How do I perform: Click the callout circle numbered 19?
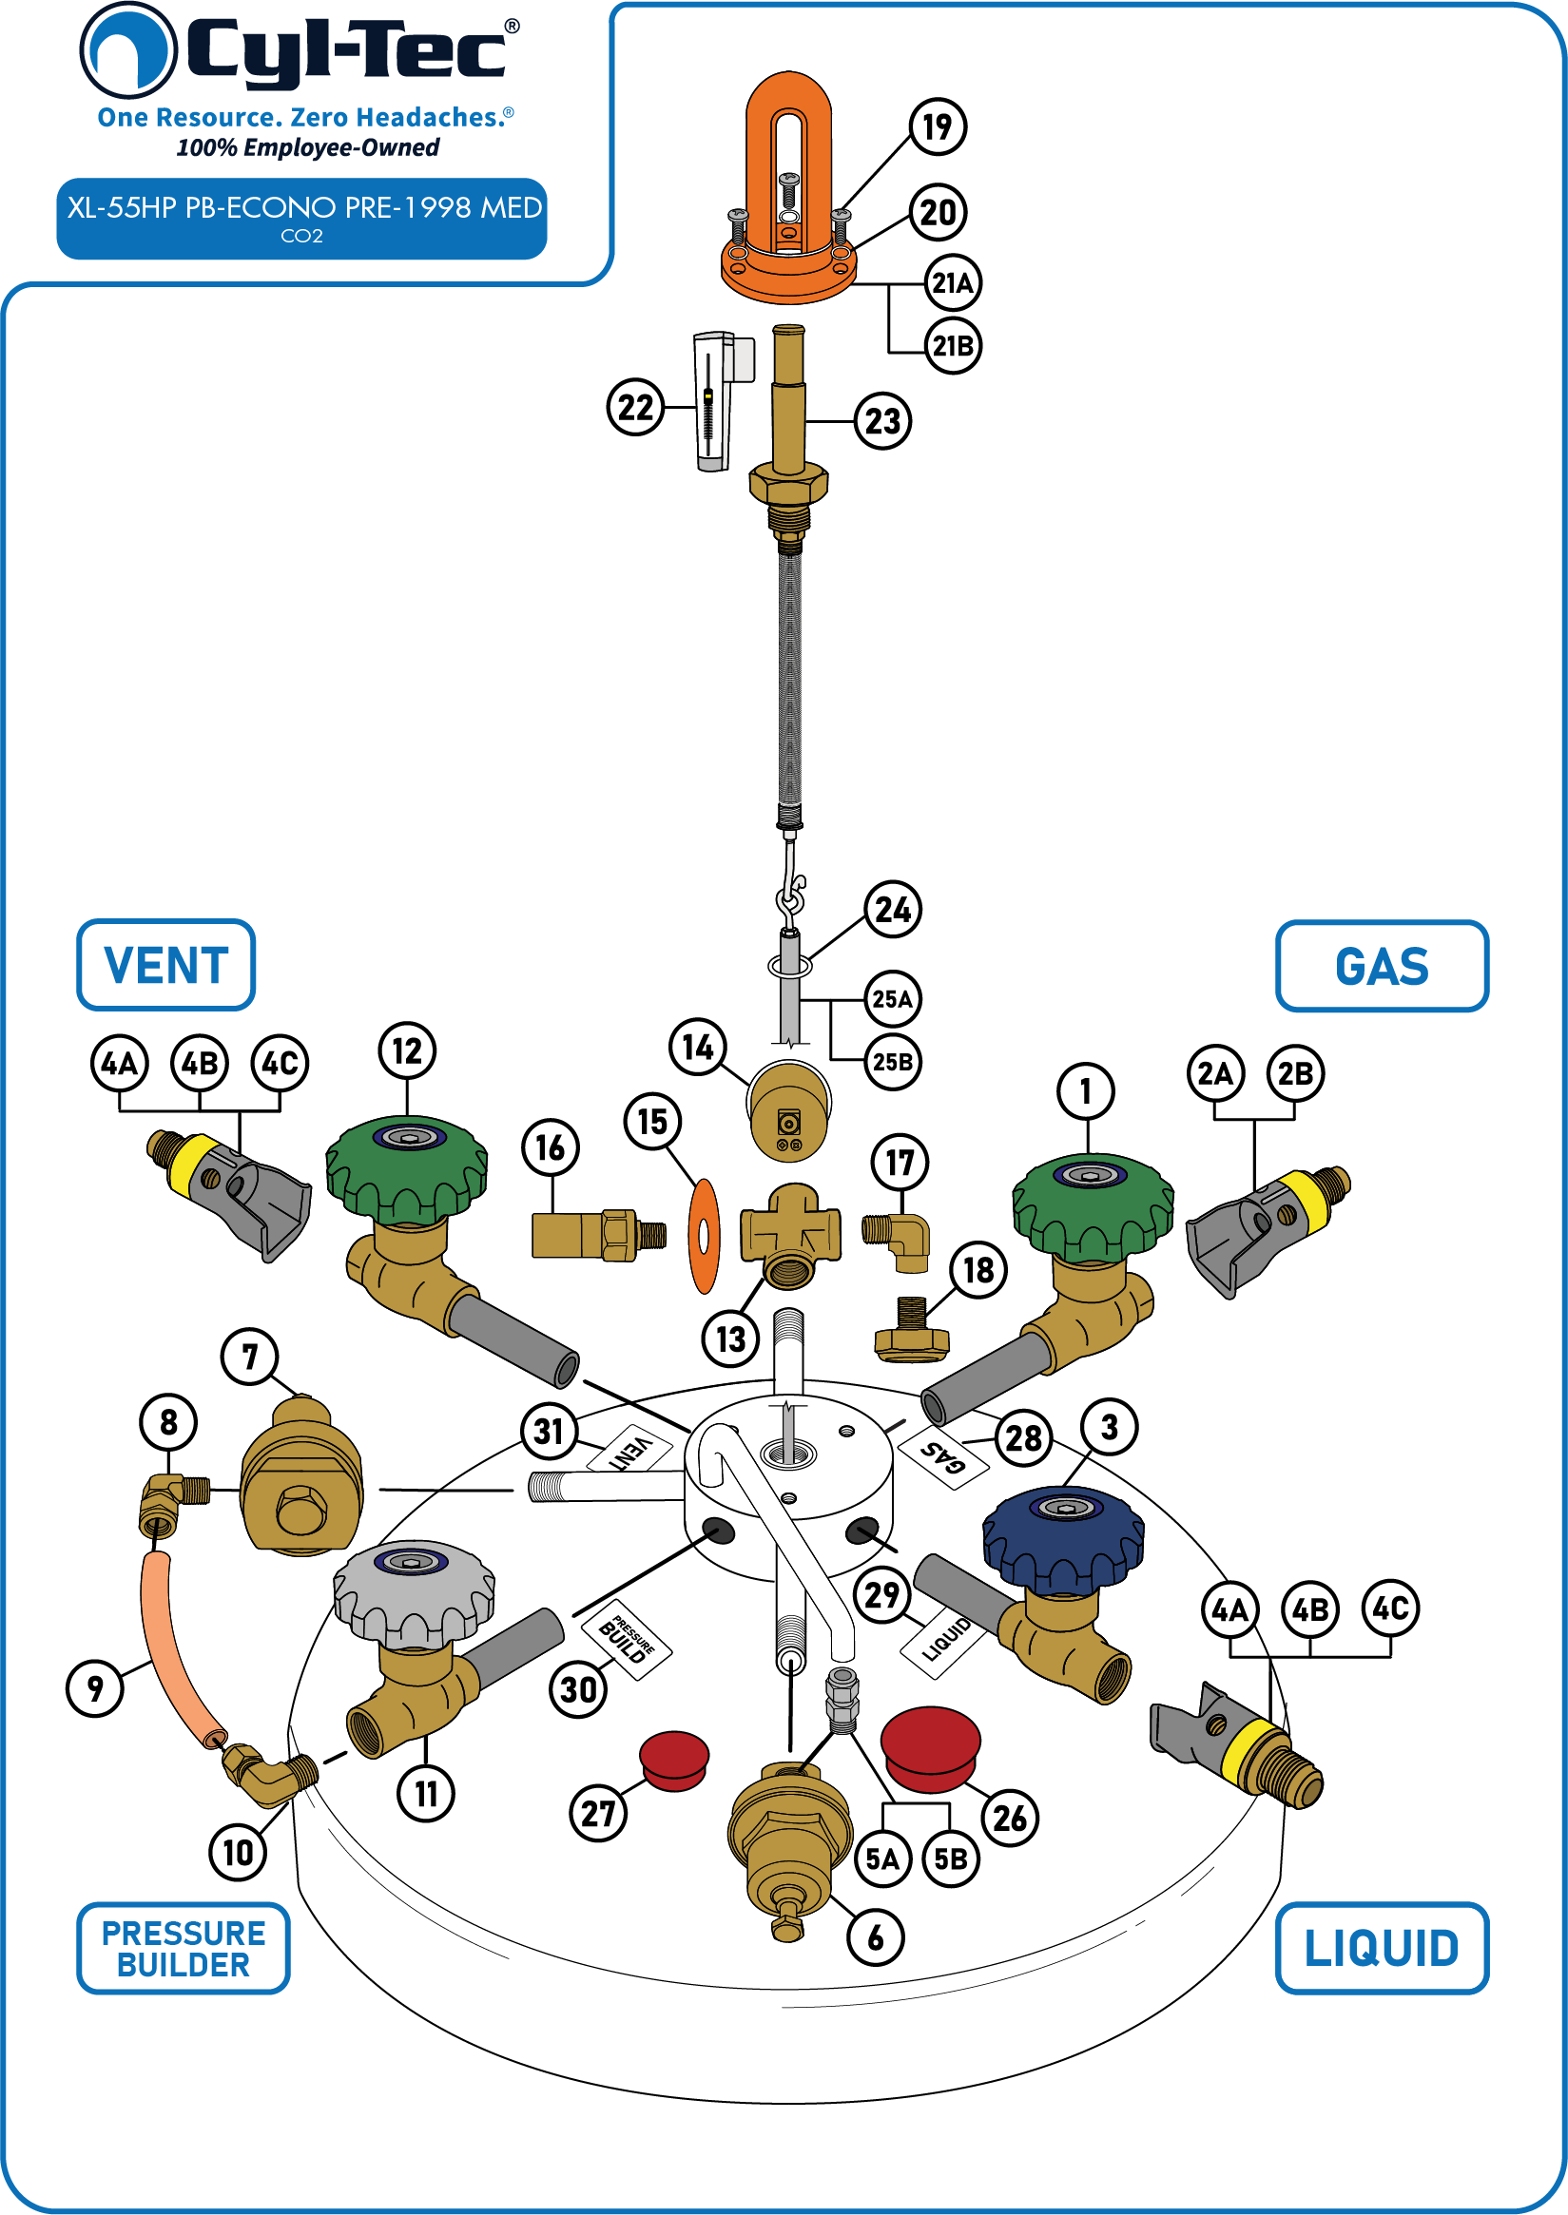[x=938, y=126]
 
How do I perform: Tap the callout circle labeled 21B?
[x=953, y=345]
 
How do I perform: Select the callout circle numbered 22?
[x=635, y=407]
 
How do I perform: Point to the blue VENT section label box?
[x=166, y=965]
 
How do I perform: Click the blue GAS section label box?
[x=1382, y=966]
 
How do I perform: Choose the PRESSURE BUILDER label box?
[x=184, y=1949]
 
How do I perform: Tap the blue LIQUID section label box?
[x=1382, y=1948]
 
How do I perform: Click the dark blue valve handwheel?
[x=1063, y=1539]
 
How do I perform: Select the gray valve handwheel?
[x=415, y=1592]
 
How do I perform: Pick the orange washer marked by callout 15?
[x=704, y=1236]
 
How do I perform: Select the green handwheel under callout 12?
[x=406, y=1169]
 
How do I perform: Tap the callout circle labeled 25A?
[x=892, y=999]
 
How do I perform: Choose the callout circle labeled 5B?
[x=951, y=1859]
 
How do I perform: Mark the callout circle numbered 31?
[x=549, y=1432]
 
